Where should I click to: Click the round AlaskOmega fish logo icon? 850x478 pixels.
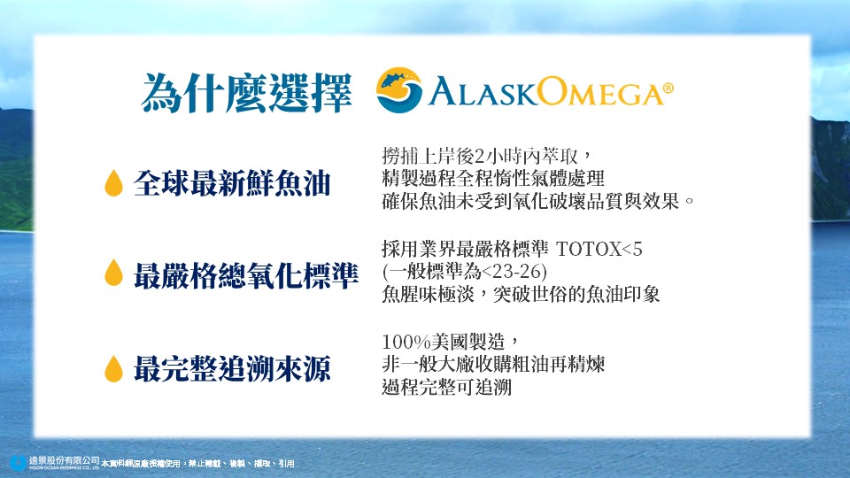[399, 90]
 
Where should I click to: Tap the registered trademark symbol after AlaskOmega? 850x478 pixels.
[668, 89]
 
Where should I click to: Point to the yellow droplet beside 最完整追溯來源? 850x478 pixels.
[113, 368]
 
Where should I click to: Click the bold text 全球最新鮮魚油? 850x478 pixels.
[232, 183]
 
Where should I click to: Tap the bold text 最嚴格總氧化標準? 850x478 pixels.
[246, 275]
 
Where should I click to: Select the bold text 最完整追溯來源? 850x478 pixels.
[232, 369]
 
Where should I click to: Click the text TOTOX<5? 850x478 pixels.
[599, 250]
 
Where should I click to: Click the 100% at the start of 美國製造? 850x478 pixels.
[406, 342]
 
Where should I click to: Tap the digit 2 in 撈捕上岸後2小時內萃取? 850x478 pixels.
[479, 157]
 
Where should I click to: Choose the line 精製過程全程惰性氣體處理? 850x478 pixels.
[493, 178]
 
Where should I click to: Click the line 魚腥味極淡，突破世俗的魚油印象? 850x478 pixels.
[521, 294]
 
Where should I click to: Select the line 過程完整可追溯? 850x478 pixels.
[446, 387]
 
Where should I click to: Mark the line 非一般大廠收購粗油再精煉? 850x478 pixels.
[493, 364]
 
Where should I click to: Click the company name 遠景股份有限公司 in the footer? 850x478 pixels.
[65, 460]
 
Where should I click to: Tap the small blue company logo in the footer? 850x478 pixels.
[19, 463]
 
